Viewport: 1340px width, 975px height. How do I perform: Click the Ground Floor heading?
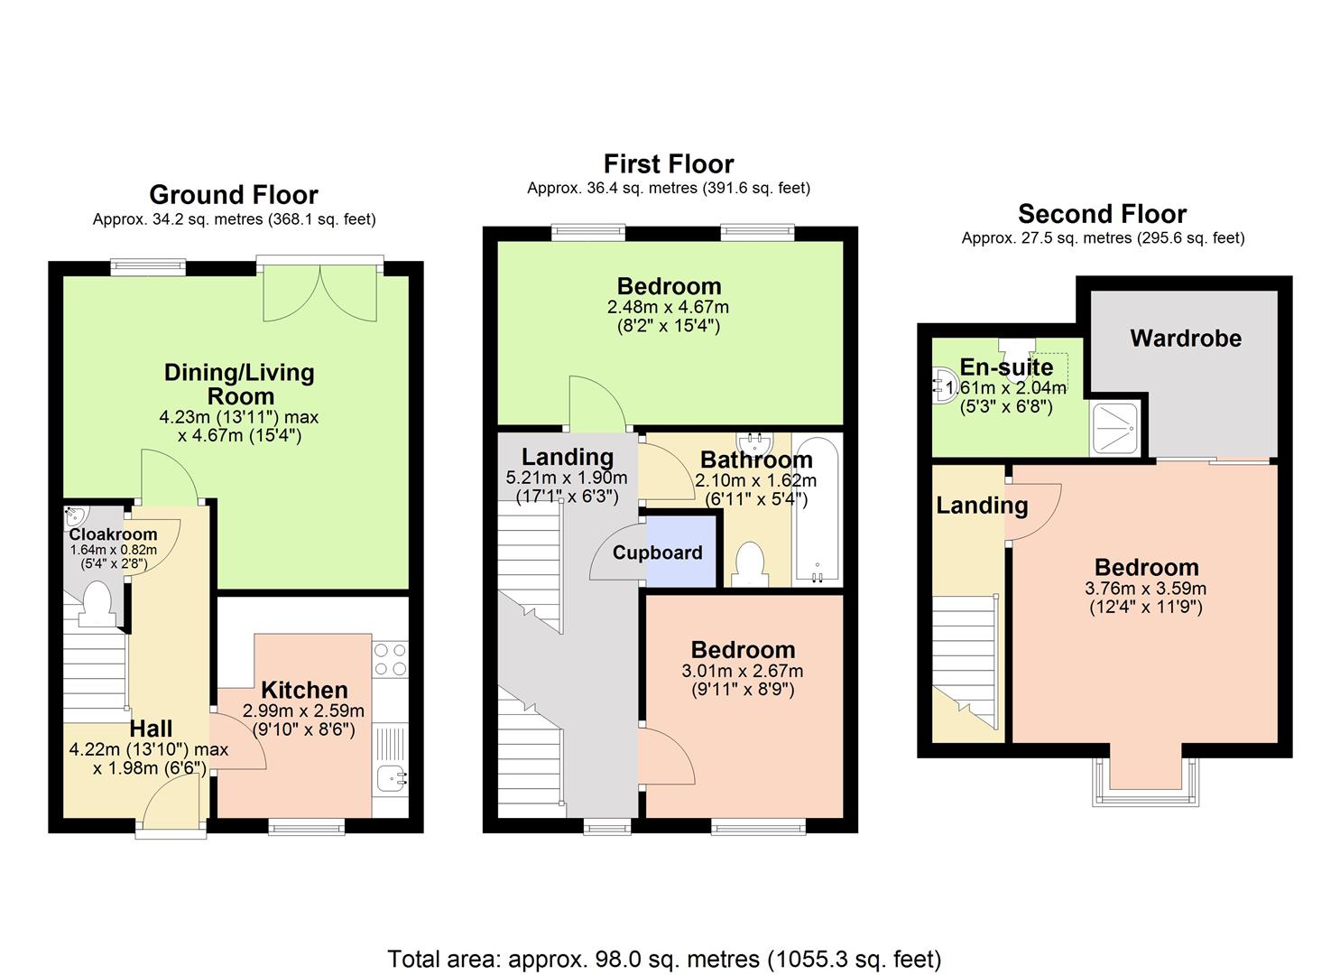coord(234,195)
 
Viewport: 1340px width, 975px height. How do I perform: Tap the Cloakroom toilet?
coord(96,603)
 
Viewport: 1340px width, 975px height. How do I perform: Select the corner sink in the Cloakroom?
coord(76,517)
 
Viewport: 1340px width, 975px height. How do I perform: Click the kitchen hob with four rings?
coord(390,658)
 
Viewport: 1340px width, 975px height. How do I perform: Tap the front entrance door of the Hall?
coord(171,803)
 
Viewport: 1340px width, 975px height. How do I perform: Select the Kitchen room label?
coord(304,691)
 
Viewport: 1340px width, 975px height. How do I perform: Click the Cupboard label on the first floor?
coord(657,552)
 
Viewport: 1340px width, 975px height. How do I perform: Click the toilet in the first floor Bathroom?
coord(748,564)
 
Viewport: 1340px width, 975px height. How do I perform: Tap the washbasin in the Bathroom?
coord(752,441)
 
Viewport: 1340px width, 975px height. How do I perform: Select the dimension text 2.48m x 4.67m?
coord(668,308)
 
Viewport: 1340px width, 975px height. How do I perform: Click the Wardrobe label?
coord(1186,339)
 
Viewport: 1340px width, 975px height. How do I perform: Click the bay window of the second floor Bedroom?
coord(1146,778)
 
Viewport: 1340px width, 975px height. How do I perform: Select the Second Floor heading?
coord(1102,214)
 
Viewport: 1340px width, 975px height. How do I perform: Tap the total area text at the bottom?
coord(664,959)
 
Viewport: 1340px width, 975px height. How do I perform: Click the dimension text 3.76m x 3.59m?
coord(1146,589)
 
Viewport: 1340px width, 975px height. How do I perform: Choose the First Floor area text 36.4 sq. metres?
coord(668,188)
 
